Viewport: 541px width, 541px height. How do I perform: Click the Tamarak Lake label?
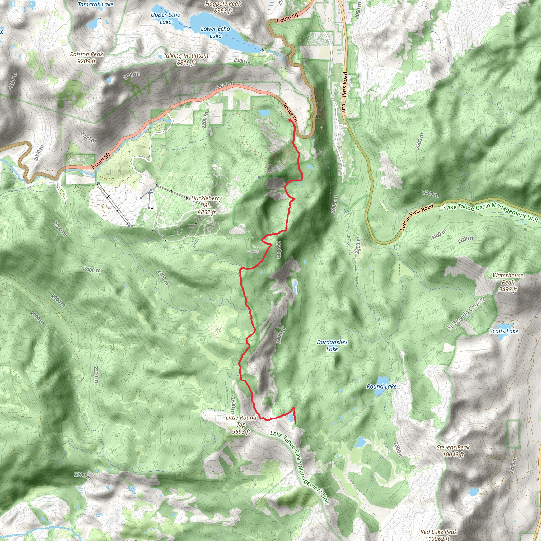95,4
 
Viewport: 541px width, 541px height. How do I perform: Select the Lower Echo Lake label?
215,32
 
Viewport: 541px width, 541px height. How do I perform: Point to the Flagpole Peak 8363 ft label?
223,7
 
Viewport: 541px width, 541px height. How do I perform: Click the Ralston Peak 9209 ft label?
87,57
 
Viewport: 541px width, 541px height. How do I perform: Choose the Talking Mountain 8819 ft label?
186,59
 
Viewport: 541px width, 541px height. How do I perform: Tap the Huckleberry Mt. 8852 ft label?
207,205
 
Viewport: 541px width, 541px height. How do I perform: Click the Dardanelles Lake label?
332,345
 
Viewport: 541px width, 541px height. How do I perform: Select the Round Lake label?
381,386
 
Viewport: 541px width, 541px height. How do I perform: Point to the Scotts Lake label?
503,331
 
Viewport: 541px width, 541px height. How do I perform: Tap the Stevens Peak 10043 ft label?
453,451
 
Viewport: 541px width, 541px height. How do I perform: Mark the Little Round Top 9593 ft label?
241,425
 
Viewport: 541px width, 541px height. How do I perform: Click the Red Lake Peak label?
439,532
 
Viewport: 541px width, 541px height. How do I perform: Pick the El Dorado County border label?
466,313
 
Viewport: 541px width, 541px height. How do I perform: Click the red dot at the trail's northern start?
290,120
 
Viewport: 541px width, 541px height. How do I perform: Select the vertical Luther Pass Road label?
345,93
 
